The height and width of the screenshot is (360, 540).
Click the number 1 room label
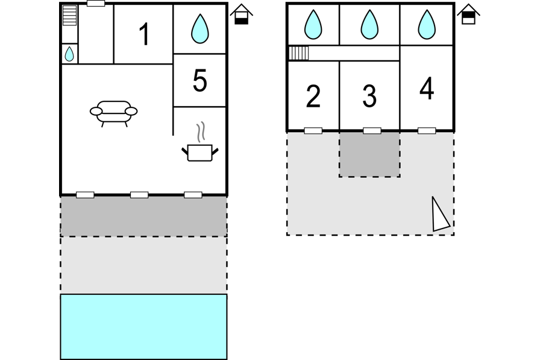(x=144, y=34)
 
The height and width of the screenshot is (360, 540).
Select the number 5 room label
(x=199, y=81)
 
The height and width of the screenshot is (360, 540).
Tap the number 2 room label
(x=313, y=96)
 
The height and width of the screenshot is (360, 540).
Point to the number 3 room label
(x=369, y=96)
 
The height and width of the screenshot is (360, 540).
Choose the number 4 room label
(x=427, y=89)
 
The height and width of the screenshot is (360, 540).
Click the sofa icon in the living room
(x=114, y=113)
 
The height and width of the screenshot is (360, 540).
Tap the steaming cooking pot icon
(x=199, y=142)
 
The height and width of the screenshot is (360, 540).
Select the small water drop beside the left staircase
(x=69, y=54)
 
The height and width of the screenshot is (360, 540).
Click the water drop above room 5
(x=199, y=28)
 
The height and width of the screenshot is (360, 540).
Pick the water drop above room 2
(x=313, y=25)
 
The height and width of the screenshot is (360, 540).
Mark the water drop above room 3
(x=369, y=25)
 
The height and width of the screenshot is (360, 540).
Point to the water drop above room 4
(x=427, y=25)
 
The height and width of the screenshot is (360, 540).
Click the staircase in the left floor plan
(x=69, y=15)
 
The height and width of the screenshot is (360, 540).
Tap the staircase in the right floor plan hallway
(x=298, y=53)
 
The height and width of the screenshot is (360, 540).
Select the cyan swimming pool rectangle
(x=143, y=327)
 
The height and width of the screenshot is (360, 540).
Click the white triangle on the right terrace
(x=440, y=216)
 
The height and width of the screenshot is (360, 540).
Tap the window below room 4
(x=427, y=131)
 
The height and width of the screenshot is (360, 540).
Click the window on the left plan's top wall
(x=96, y=4)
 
